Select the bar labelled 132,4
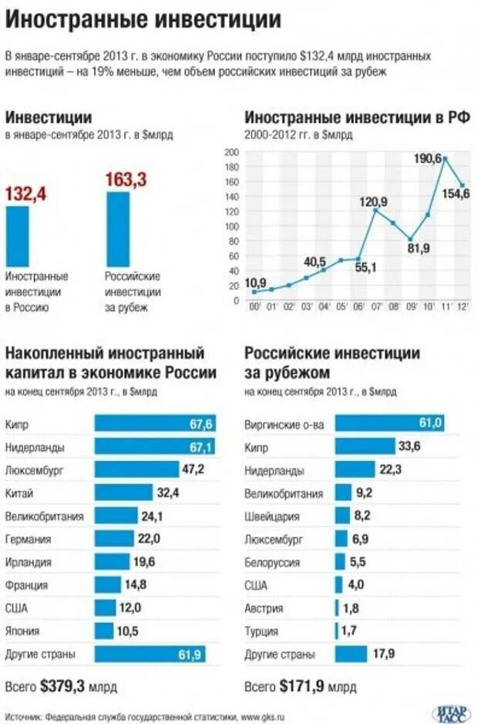18,235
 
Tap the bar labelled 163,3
118,229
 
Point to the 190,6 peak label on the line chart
427,158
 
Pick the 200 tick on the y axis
231,151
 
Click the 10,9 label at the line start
255,282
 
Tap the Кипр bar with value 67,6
154,423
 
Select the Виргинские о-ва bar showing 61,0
390,423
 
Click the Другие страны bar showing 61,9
154,655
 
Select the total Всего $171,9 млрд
300,685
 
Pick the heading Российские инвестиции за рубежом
332,362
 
